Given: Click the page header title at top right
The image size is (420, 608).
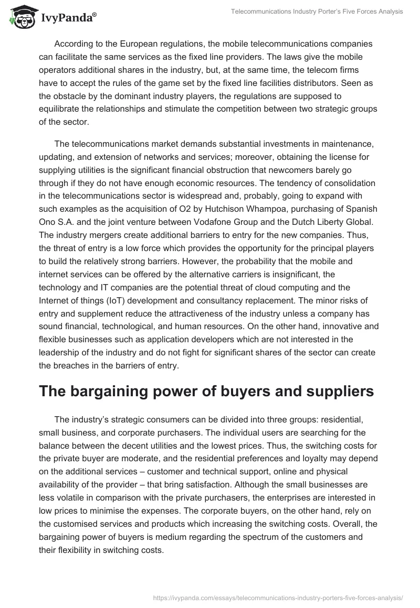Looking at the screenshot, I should [314, 12].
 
